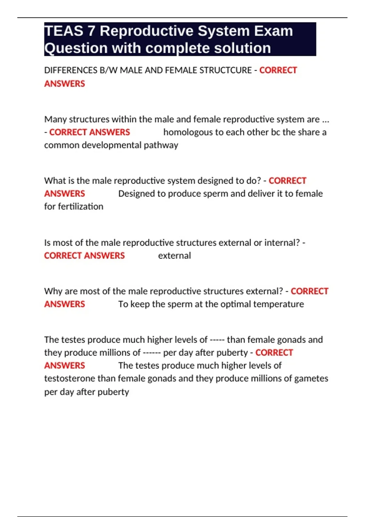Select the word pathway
(x=161, y=145)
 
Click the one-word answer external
(x=175, y=255)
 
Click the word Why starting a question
(x=53, y=291)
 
